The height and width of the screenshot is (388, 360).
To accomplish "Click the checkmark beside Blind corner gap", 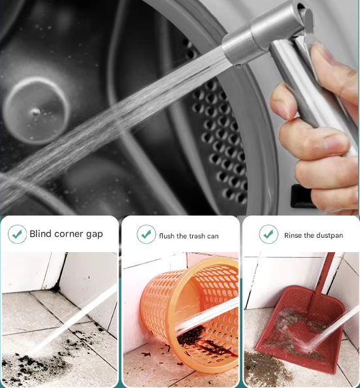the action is [18, 234].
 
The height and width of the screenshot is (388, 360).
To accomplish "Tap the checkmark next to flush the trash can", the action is [146, 234].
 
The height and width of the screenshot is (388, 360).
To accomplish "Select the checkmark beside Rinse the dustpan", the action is [269, 234].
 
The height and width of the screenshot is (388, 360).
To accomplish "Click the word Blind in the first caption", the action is [41, 234].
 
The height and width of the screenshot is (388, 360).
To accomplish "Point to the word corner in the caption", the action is [69, 234].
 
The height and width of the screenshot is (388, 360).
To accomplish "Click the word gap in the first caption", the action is [94, 235].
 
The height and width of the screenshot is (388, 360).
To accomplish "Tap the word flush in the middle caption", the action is [167, 236].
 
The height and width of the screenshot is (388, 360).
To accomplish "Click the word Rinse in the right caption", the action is [293, 235].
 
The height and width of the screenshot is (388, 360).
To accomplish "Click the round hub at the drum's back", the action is [35, 110].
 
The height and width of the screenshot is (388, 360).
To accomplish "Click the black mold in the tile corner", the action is [56, 287].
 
